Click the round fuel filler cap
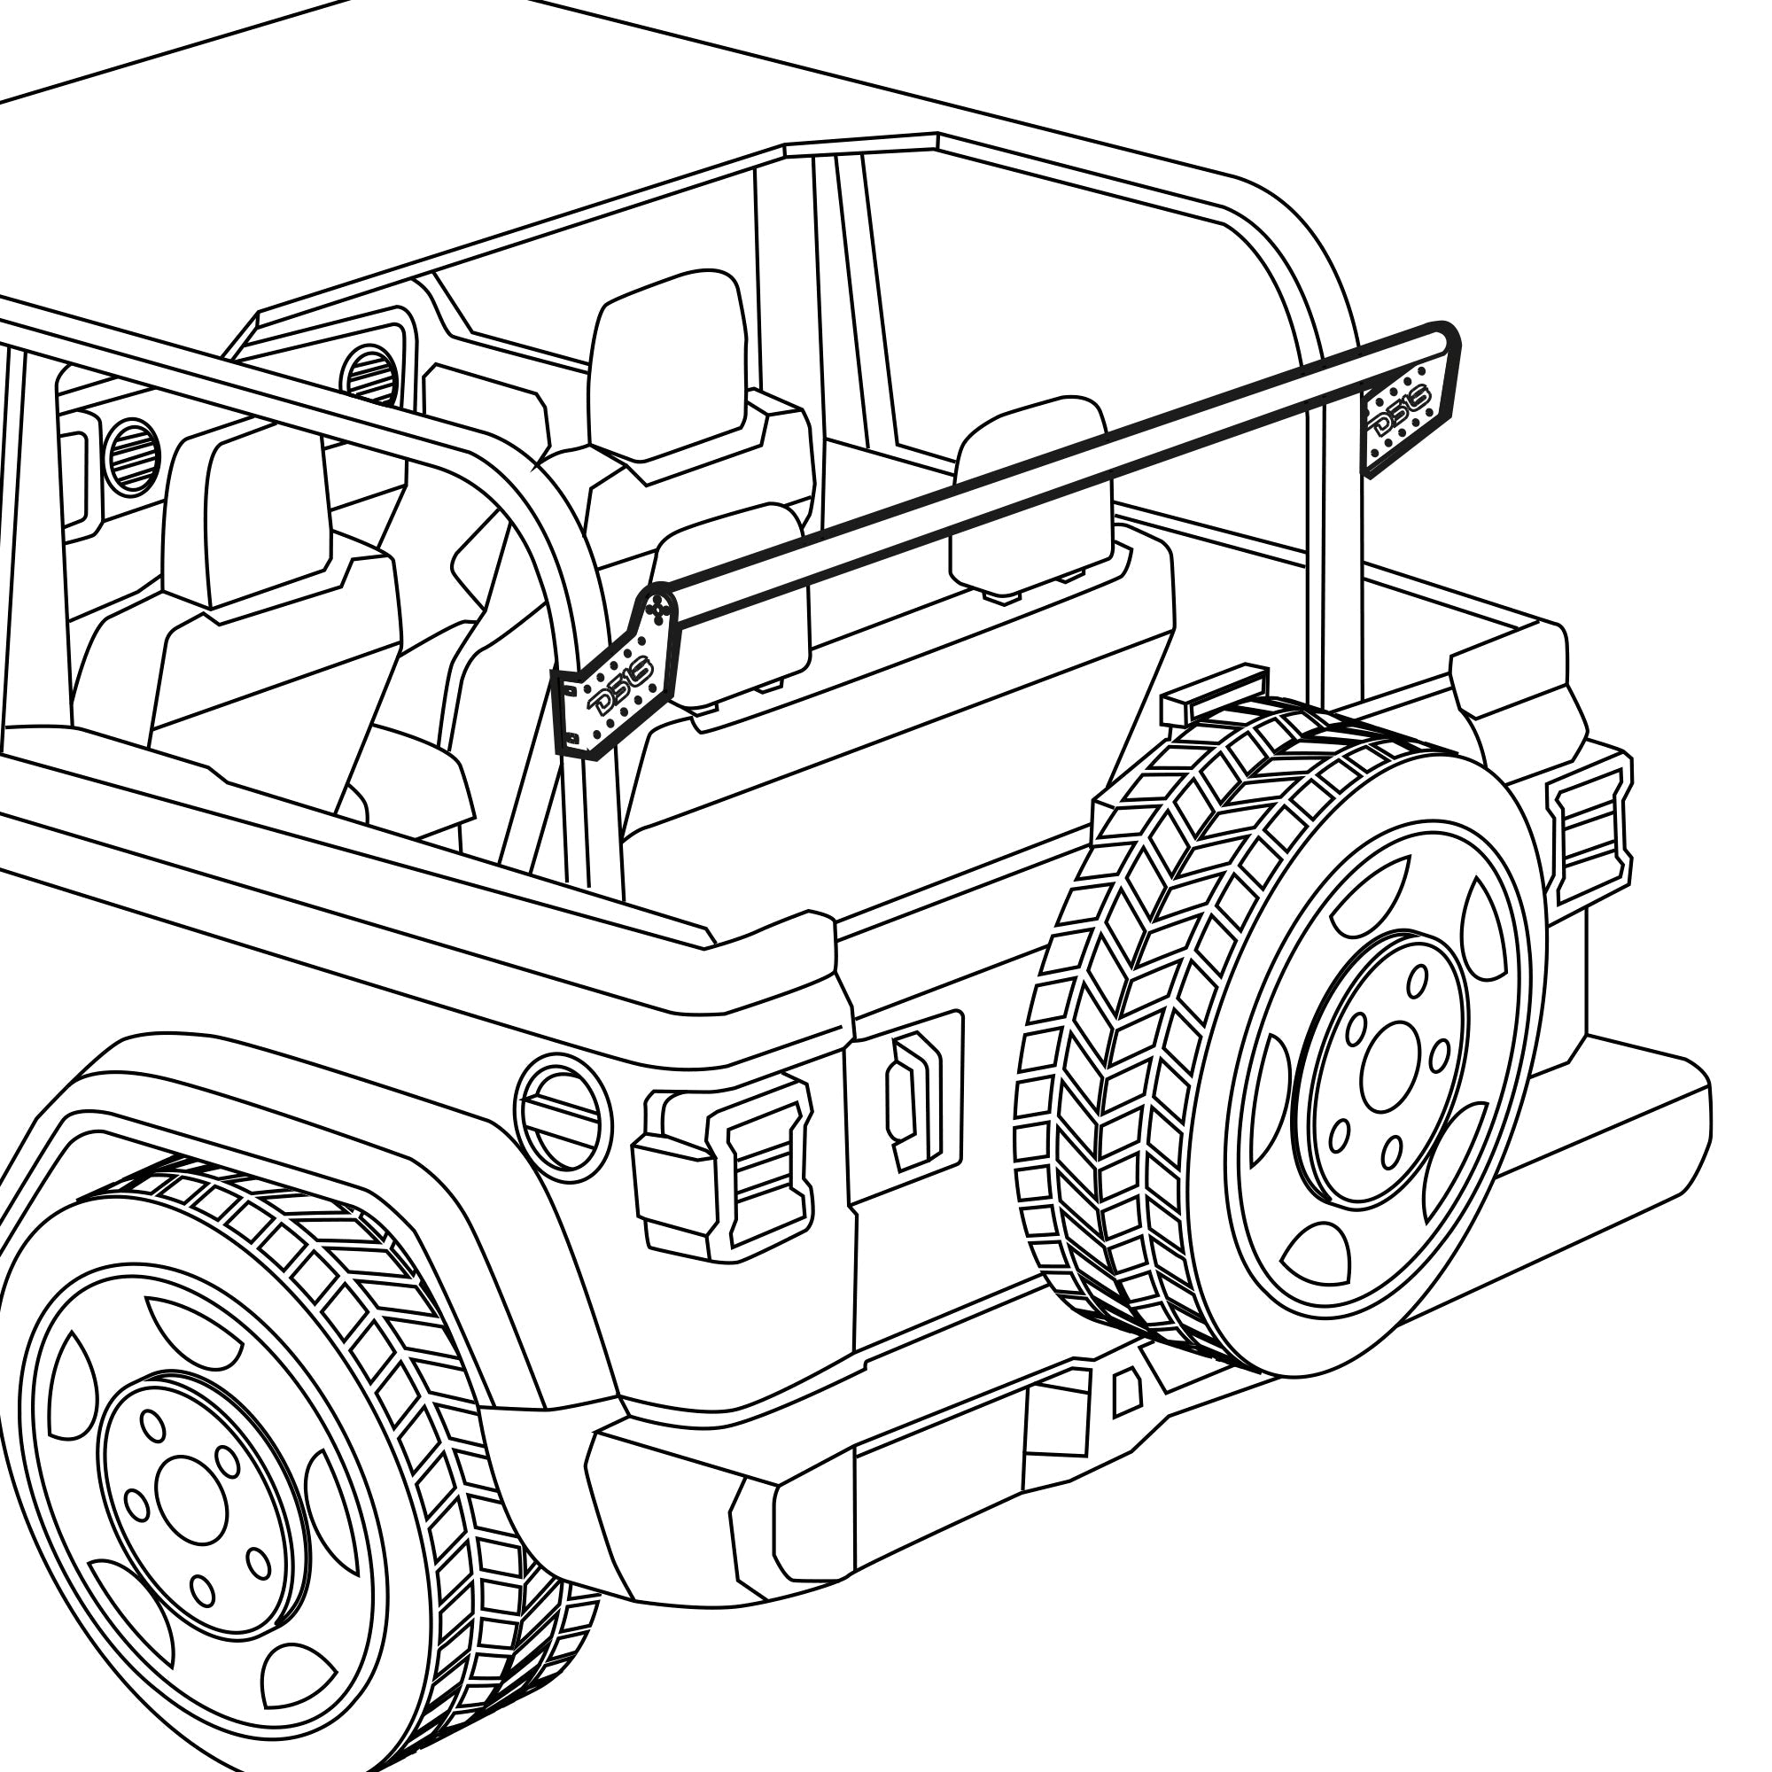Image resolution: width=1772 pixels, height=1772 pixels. pyautogui.click(x=563, y=1118)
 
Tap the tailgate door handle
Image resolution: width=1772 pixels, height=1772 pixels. pyautogui.click(x=913, y=1100)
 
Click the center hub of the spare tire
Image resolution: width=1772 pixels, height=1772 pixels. pyautogui.click(x=1390, y=1069)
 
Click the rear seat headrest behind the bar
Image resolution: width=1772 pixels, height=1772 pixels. pyautogui.click(x=1029, y=495)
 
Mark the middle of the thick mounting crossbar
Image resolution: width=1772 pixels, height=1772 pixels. pyautogui.click(x=1054, y=468)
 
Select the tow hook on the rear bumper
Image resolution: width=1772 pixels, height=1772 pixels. pyautogui.click(x=1126, y=1392)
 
